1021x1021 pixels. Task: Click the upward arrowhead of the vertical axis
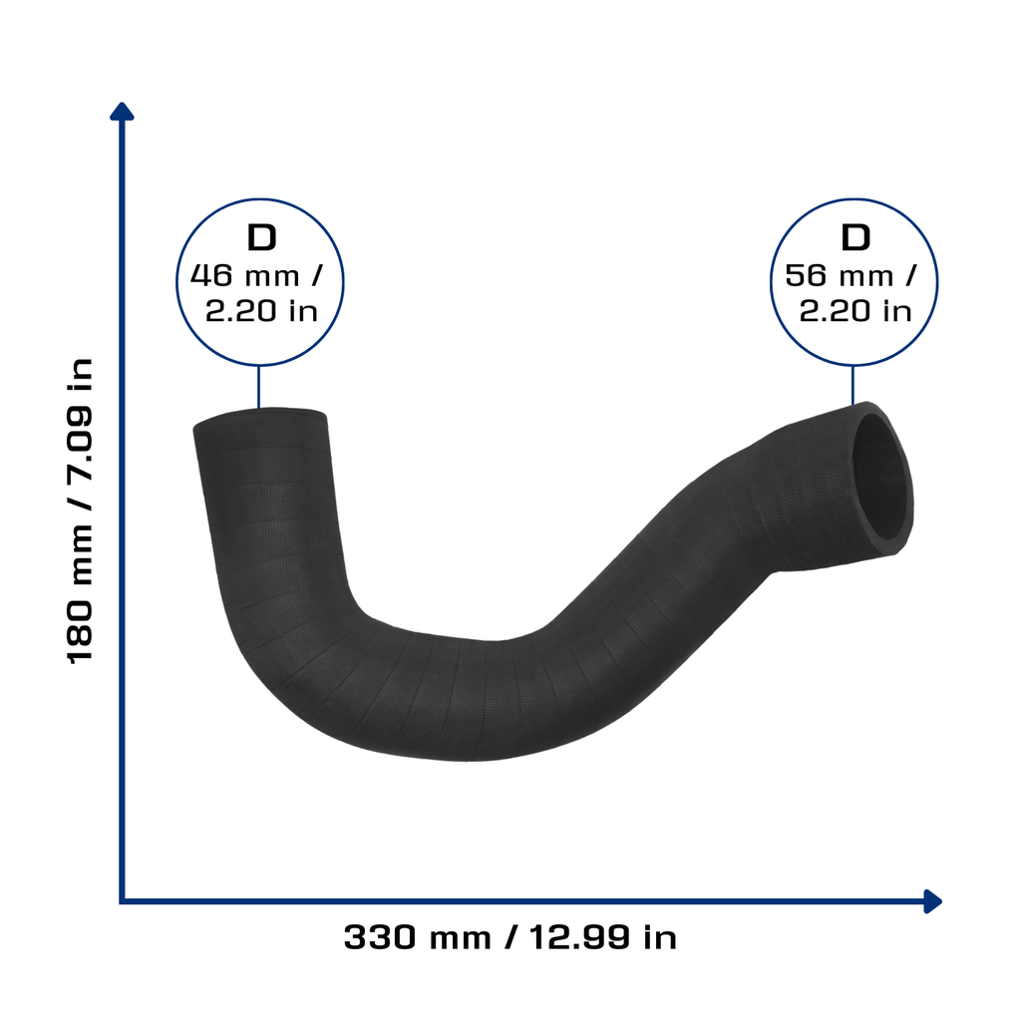pyautogui.click(x=122, y=112)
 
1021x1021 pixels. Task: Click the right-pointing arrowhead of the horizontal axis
pyautogui.click(x=933, y=901)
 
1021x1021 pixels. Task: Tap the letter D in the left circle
pyautogui.click(x=262, y=237)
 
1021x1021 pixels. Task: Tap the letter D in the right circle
pyautogui.click(x=855, y=237)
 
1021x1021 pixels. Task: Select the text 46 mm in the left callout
pyautogui.click(x=245, y=275)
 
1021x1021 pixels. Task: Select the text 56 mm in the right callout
pyautogui.click(x=839, y=275)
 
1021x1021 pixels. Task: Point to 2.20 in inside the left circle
pyautogui.click(x=262, y=311)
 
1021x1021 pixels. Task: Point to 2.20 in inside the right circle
pyautogui.click(x=854, y=311)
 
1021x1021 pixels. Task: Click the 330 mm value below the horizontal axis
pyautogui.click(x=418, y=937)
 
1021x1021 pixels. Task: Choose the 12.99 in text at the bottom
pyautogui.click(x=603, y=937)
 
